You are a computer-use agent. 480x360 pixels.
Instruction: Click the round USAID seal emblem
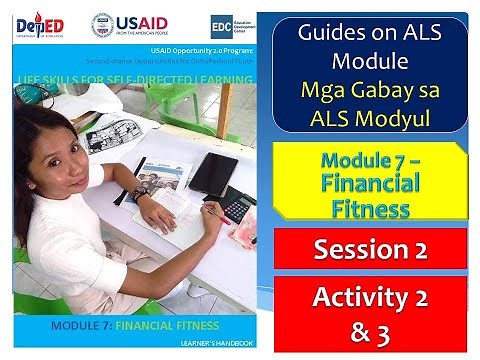103,25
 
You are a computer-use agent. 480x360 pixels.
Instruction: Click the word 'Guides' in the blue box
329,32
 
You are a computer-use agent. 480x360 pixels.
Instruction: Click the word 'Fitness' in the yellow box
370,208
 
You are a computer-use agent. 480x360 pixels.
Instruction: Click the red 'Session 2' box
371,248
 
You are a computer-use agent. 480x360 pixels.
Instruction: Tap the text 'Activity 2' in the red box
371,298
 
